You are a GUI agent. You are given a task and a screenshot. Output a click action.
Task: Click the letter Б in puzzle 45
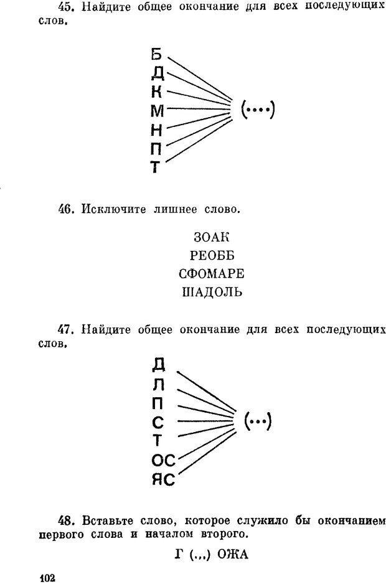[157, 54]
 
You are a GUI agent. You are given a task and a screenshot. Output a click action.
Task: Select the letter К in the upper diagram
[157, 92]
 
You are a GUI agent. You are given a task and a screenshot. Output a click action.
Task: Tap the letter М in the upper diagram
[158, 111]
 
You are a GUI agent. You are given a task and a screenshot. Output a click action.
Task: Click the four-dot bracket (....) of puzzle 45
[258, 110]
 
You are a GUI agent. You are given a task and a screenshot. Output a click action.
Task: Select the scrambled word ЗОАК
[212, 237]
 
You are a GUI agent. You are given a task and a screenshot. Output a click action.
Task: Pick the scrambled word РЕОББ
[212, 255]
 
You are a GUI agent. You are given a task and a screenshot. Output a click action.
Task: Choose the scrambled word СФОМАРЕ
[212, 273]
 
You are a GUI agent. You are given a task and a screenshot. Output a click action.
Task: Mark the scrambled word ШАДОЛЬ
[212, 292]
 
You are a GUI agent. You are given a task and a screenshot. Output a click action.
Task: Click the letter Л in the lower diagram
[159, 385]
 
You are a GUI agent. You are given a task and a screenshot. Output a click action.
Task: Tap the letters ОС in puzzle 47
[163, 461]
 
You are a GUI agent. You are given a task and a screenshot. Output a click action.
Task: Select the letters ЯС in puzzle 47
[163, 480]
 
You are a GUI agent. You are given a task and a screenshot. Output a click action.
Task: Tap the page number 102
[47, 578]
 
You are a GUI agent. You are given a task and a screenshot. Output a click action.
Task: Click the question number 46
[66, 209]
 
